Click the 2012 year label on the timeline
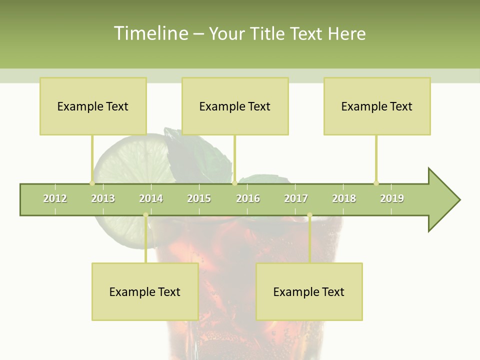point(55,198)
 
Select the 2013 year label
point(103,198)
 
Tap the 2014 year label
point(151,198)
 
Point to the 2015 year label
point(199,198)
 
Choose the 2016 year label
point(248,198)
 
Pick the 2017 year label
point(296,198)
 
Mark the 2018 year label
point(344,198)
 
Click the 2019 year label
point(392,198)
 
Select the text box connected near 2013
point(93,106)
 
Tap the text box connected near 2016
point(235,106)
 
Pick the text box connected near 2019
point(377,106)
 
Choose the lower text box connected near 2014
point(145,291)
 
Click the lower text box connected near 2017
point(309,291)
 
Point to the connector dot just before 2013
point(92,183)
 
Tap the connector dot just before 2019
point(376,183)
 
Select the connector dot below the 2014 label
point(145,215)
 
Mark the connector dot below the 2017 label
point(309,215)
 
